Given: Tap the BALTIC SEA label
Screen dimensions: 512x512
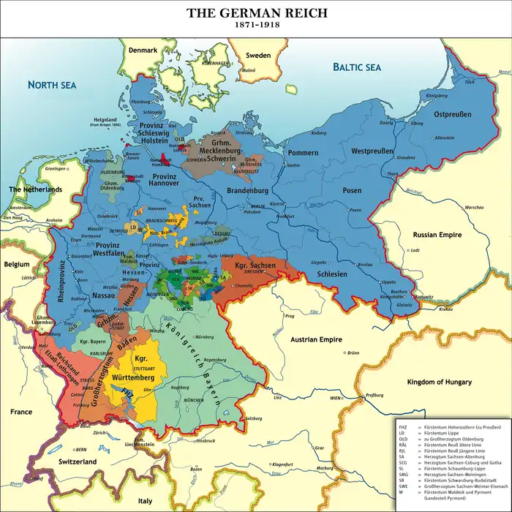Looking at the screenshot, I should pyautogui.click(x=357, y=67).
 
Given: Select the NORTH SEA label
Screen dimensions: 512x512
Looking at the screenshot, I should pyautogui.click(x=52, y=85).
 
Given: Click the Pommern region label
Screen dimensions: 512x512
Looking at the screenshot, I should pyautogui.click(x=303, y=153).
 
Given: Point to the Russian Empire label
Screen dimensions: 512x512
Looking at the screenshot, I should pyautogui.click(x=436, y=236).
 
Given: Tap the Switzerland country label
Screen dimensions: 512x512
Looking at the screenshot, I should pyautogui.click(x=73, y=463).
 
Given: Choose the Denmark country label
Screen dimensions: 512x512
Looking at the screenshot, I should pyautogui.click(x=143, y=50).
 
